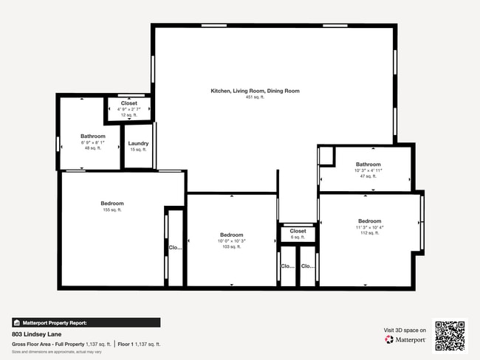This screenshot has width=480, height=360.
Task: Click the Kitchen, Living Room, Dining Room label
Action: (x=255, y=91)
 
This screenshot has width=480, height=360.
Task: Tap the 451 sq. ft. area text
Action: (x=255, y=97)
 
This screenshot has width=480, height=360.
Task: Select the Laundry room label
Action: (x=138, y=144)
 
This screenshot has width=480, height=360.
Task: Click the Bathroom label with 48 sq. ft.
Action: (x=93, y=136)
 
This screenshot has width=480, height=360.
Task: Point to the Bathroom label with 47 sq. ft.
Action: (x=368, y=165)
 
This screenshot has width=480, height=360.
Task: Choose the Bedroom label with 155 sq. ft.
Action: (x=112, y=204)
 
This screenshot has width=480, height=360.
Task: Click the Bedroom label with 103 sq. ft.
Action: (x=231, y=235)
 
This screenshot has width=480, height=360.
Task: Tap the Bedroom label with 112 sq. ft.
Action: (x=369, y=221)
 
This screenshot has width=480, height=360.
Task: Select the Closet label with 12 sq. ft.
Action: (x=129, y=103)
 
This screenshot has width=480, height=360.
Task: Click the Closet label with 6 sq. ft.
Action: (x=298, y=231)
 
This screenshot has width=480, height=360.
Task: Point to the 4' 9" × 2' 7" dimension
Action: (x=129, y=109)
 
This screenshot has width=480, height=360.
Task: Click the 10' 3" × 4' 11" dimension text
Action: (x=368, y=170)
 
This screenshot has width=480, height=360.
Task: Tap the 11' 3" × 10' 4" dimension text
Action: (x=369, y=227)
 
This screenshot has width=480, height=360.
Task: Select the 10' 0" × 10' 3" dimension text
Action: (x=231, y=241)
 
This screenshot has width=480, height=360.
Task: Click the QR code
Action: (x=450, y=335)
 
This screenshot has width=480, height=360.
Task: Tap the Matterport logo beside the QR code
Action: (x=405, y=340)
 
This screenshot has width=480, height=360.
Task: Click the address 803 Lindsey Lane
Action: (x=36, y=334)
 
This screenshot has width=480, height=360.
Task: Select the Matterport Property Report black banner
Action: (x=86, y=322)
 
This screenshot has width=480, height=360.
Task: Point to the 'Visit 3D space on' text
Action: (x=405, y=330)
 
